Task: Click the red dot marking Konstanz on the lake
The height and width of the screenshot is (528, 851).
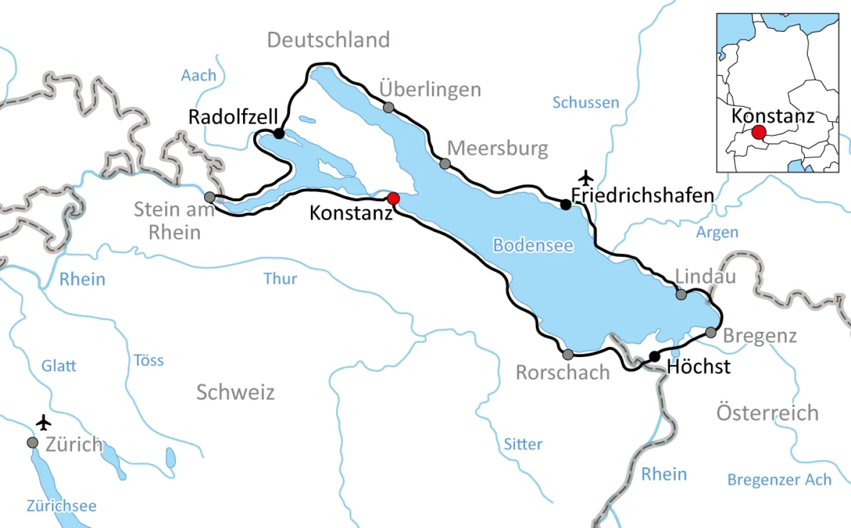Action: tap(393, 199)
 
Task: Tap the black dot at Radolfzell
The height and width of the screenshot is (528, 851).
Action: tap(279, 133)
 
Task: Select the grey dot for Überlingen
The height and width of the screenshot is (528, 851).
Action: tap(389, 108)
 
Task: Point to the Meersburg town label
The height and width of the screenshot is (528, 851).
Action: tap(498, 148)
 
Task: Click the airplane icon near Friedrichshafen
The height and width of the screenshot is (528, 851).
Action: tap(586, 178)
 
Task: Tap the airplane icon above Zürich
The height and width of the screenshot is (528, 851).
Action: tap(43, 422)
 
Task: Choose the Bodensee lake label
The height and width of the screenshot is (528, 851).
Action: tap(533, 245)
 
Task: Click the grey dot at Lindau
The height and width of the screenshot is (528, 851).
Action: tap(681, 295)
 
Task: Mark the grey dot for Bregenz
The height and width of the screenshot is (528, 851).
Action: tap(711, 332)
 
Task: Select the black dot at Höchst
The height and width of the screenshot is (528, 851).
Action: tap(655, 357)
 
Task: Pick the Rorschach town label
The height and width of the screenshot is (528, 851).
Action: tap(562, 373)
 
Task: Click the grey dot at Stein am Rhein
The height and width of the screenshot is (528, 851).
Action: tap(209, 197)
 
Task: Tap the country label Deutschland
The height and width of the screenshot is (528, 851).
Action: tap(328, 40)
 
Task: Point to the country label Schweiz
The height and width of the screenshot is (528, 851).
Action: tap(235, 392)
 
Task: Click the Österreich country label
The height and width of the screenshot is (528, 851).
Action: tap(767, 413)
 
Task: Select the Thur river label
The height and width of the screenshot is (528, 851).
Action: tap(280, 279)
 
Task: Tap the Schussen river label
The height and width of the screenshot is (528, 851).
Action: tap(585, 103)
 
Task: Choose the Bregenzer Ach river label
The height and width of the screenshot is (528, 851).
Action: tap(779, 480)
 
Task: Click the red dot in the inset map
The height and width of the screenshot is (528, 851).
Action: tap(759, 132)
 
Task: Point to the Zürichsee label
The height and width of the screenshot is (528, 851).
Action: tap(61, 506)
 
